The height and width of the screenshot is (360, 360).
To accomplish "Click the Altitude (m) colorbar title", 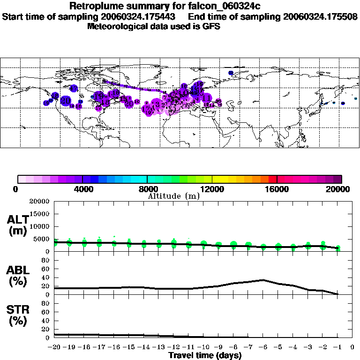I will pyautogui.click(x=173, y=196).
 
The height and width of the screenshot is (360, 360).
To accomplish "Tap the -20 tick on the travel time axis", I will pyautogui.click(x=54, y=347).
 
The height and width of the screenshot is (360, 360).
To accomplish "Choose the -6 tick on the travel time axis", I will pyautogui.click(x=263, y=347).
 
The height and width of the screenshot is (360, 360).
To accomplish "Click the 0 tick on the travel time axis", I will pyautogui.click(x=352, y=347).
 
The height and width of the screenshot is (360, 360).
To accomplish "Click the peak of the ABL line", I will pyautogui.click(x=263, y=280).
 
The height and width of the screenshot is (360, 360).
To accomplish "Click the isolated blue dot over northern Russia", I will pyautogui.click(x=231, y=73).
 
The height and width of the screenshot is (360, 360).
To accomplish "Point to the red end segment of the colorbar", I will pyautogui.click(x=272, y=179).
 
